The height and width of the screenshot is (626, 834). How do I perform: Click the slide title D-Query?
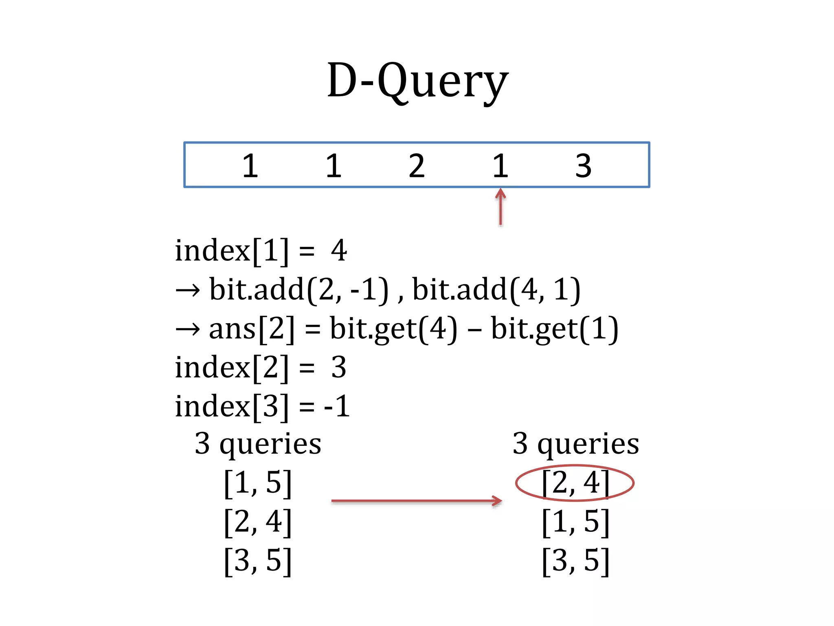tap(417, 82)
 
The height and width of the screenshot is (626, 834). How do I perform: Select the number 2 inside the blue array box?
tap(417, 166)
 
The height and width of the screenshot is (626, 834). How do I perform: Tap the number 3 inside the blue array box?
tap(583, 166)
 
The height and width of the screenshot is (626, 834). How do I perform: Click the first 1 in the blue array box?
tap(250, 166)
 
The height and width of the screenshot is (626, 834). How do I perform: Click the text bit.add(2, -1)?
tap(299, 290)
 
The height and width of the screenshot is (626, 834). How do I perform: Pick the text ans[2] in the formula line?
tap(251, 328)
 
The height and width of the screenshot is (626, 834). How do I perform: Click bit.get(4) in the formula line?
tap(393, 328)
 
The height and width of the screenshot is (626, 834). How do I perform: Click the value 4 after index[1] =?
tap(339, 250)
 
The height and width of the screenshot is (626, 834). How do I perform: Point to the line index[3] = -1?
tap(262, 406)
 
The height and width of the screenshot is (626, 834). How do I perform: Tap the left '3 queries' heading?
tap(258, 443)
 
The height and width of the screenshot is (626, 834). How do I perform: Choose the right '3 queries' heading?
tap(576, 443)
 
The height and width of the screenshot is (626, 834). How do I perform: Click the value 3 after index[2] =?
tap(338, 368)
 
